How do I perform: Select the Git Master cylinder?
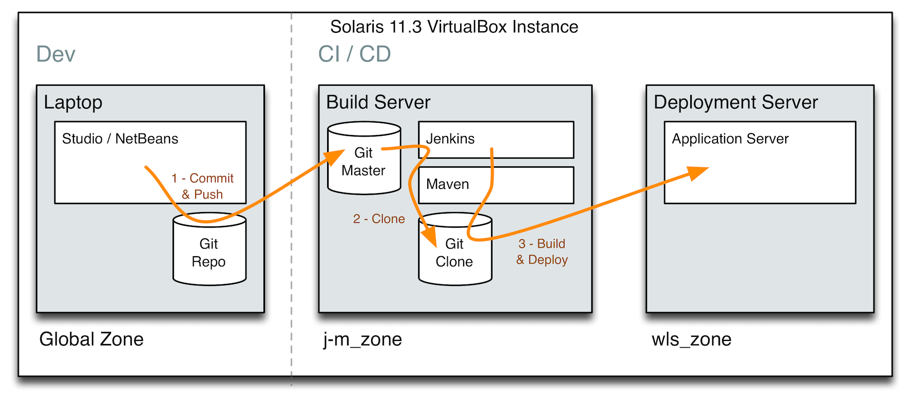point(364,162)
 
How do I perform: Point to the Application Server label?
point(730,139)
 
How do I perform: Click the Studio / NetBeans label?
point(120,139)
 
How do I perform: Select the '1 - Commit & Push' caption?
point(202,186)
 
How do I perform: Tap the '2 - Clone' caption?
point(379,219)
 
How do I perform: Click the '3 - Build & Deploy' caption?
point(542,252)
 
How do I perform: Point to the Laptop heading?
point(73,102)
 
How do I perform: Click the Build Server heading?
point(378,102)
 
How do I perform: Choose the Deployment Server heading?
point(735,102)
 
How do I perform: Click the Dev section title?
point(55,54)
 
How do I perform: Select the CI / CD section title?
point(354,54)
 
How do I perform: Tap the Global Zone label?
point(91,339)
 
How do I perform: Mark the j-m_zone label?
point(363,339)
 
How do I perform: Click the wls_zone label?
point(691,339)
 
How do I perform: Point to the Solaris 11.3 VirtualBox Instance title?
point(454,27)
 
